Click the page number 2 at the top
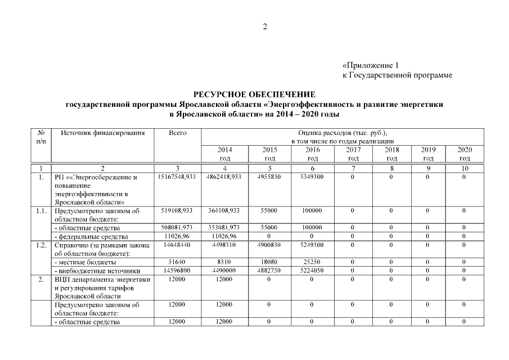(x=265, y=27)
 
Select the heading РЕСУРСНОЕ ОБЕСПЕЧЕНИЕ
(x=255, y=94)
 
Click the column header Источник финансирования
(x=103, y=133)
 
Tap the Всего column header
(x=178, y=133)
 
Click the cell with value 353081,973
(x=224, y=228)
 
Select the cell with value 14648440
(x=178, y=245)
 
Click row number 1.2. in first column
(x=40, y=245)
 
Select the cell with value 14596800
(x=178, y=271)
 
